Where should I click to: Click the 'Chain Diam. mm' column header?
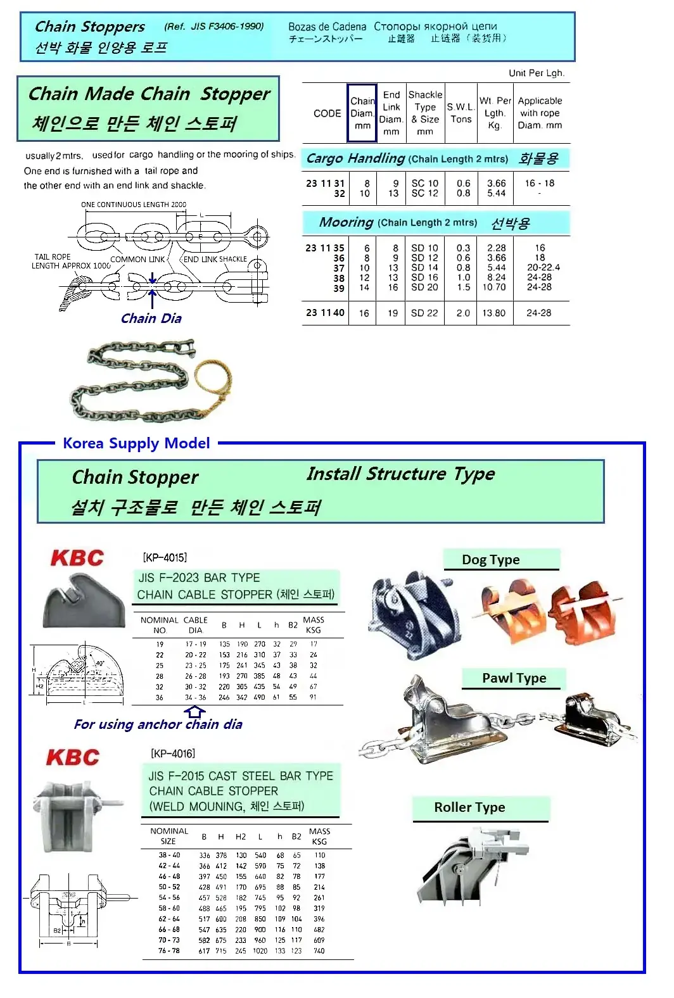click(362, 113)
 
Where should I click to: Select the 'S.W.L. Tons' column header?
click(461, 113)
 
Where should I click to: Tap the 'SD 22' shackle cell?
click(424, 313)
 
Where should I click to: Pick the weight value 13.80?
click(494, 313)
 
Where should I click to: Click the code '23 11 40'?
click(325, 312)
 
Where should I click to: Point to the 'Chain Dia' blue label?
click(151, 319)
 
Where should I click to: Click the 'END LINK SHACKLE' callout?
click(215, 259)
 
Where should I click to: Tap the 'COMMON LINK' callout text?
click(137, 260)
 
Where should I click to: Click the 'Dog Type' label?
click(490, 560)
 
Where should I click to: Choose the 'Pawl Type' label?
click(514, 678)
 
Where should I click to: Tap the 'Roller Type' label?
click(469, 807)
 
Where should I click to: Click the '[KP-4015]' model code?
click(165, 557)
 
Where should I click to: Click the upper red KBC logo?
click(77, 558)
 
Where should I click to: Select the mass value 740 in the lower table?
click(319, 951)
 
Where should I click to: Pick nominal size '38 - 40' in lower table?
click(169, 855)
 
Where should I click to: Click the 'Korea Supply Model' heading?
click(136, 443)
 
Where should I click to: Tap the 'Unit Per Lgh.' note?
click(536, 73)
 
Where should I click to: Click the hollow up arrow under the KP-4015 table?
click(194, 712)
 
